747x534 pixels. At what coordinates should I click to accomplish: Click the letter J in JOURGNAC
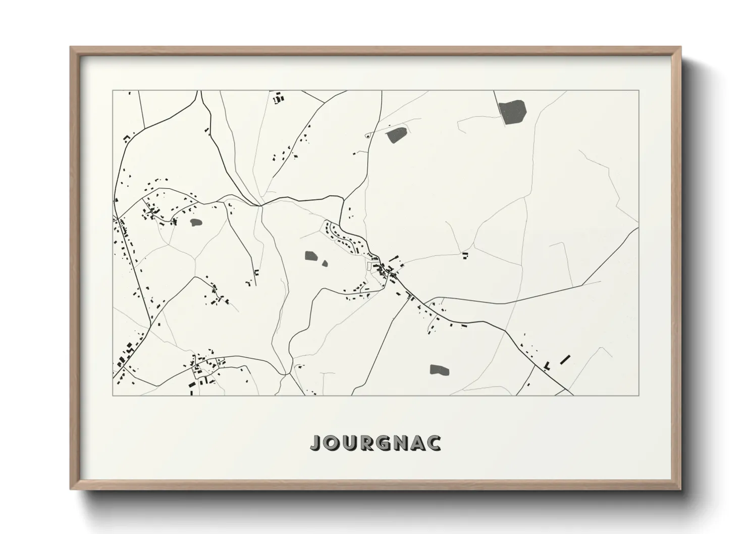click(x=315, y=443)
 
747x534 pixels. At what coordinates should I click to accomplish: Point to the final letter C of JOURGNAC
click(x=433, y=443)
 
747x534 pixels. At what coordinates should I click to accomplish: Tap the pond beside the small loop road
click(x=397, y=135)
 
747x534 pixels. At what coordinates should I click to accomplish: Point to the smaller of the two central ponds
click(x=325, y=262)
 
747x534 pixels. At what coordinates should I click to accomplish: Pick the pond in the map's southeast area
click(x=439, y=369)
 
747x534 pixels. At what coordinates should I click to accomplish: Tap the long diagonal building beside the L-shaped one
click(x=565, y=359)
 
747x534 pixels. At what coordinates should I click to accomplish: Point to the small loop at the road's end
click(x=367, y=135)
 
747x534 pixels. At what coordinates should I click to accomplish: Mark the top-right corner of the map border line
click(x=638, y=90)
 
